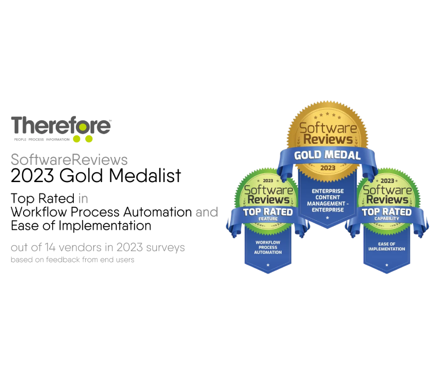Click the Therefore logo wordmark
click(61, 125)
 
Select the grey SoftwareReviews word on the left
click(69, 160)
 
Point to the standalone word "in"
click(83, 199)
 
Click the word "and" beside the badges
click(206, 213)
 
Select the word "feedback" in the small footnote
click(58, 259)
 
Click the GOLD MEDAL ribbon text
click(327, 156)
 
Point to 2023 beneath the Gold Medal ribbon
click(327, 168)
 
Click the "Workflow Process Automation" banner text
click(268, 248)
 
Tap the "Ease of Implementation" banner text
click(386, 247)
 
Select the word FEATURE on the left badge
click(268, 218)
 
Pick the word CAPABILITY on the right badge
click(386, 218)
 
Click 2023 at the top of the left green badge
click(268, 181)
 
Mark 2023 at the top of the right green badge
click(387, 181)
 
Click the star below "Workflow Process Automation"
click(268, 265)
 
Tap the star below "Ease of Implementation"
click(386, 265)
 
